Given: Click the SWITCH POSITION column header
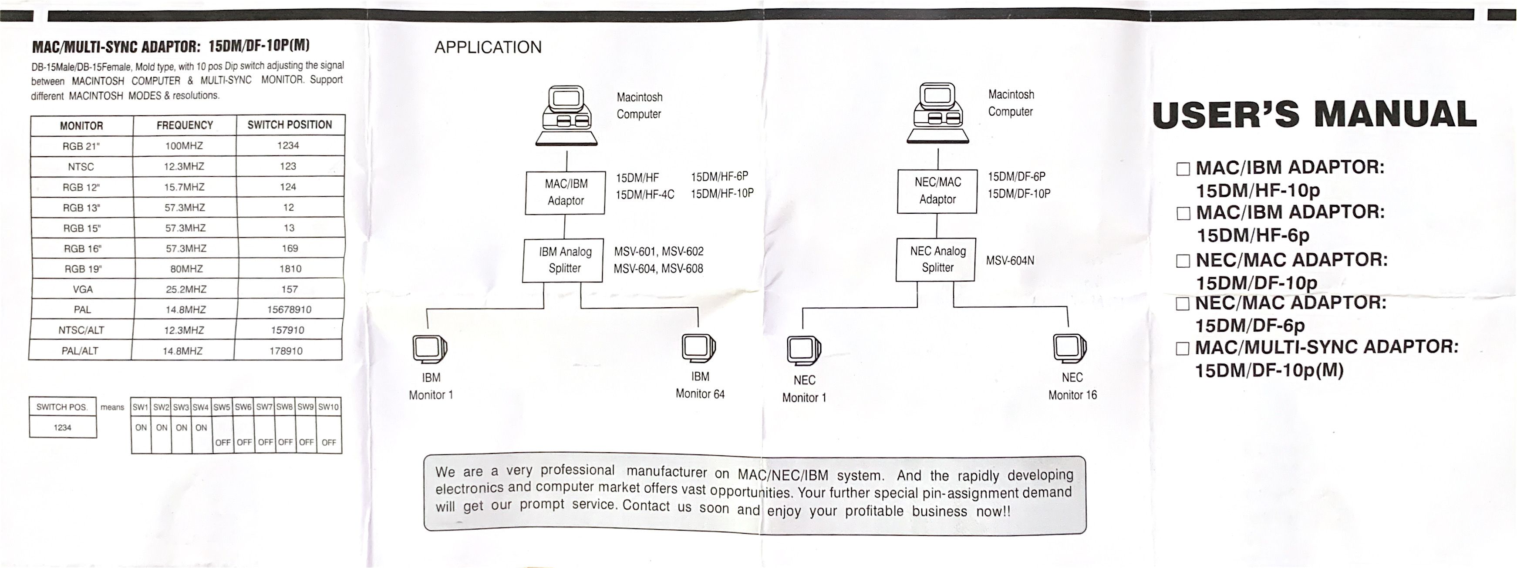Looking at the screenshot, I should [x=290, y=125].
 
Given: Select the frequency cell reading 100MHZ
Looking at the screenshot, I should [x=184, y=145].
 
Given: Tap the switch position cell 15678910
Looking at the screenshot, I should [x=289, y=309].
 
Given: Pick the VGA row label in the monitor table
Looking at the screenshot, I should [x=82, y=289].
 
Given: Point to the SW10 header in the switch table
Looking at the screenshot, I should [x=329, y=407].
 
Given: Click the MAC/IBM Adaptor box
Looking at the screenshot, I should [x=565, y=192].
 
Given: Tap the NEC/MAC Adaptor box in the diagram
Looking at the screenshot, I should [x=937, y=191].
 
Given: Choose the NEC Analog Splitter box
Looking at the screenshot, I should [x=937, y=259].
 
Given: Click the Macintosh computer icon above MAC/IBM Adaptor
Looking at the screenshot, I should [x=566, y=115].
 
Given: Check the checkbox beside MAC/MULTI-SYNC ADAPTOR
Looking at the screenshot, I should [x=1183, y=349].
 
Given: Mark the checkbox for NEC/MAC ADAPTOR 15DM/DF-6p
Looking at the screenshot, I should [x=1183, y=304].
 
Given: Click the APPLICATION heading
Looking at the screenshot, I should [x=488, y=47].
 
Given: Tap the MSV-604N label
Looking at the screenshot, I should [x=1010, y=261].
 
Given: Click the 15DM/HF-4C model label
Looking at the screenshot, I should [x=645, y=194].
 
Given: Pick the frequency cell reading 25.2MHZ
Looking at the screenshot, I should [x=185, y=289].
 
